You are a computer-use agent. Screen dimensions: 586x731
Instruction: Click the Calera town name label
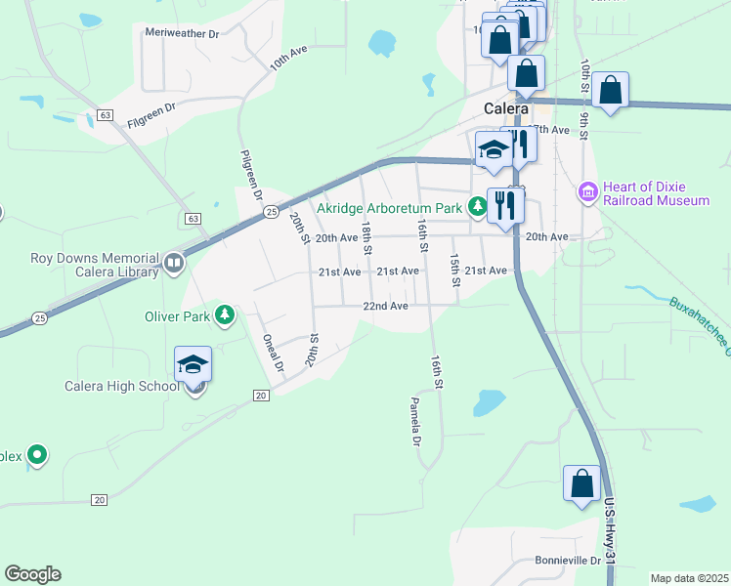(x=506, y=108)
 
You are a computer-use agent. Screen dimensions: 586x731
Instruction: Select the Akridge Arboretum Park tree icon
(x=477, y=206)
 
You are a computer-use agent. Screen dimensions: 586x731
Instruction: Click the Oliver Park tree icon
(x=226, y=314)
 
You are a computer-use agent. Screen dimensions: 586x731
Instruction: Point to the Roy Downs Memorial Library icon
(x=173, y=262)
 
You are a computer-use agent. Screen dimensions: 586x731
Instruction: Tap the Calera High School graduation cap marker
(x=193, y=365)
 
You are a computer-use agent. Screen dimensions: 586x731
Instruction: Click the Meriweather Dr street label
(x=182, y=32)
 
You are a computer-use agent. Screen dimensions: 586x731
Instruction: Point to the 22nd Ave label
(x=384, y=306)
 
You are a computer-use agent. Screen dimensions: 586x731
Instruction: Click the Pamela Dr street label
(x=415, y=421)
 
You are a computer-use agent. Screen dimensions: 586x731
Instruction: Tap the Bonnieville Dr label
(x=568, y=561)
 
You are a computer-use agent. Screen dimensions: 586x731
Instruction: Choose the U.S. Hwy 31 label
(x=610, y=531)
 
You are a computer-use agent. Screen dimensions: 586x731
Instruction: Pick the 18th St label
(x=366, y=237)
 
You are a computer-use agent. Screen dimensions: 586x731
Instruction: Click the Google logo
(x=32, y=574)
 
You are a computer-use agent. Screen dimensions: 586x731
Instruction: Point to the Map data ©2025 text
(x=689, y=578)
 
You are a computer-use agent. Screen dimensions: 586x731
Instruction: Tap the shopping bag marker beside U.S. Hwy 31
(x=581, y=483)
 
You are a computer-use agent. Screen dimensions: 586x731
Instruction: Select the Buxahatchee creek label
(x=700, y=323)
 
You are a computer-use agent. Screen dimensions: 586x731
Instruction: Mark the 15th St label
(x=455, y=270)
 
